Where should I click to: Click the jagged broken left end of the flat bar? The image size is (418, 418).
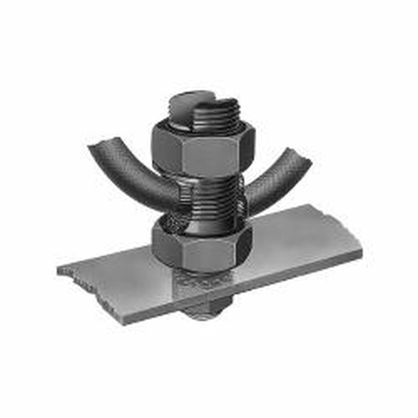63,271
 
